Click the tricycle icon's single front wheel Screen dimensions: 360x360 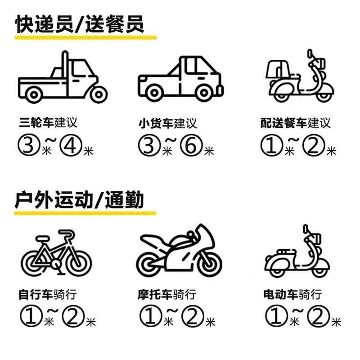click(96, 94)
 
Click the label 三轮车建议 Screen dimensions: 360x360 click(48, 122)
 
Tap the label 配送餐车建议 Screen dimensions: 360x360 click(295, 123)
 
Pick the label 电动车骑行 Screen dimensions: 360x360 click(292, 296)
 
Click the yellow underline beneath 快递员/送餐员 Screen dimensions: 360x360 click(85, 38)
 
